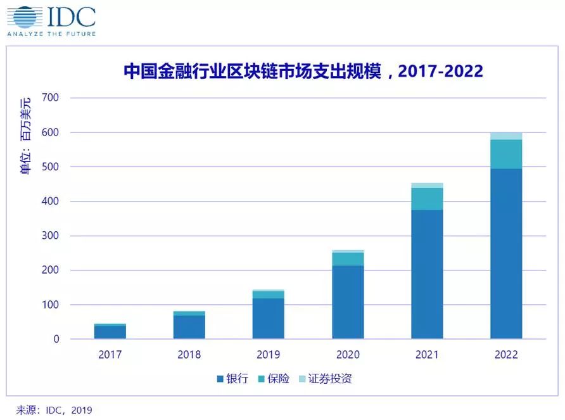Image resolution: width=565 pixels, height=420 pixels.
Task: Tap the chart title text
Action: (x=303, y=71)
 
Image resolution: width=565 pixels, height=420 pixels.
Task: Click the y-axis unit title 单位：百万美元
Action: (x=25, y=136)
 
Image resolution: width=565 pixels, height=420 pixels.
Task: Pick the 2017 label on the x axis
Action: (x=110, y=355)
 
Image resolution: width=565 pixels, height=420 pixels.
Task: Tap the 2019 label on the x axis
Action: (x=268, y=355)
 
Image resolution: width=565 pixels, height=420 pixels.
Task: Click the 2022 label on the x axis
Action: (x=506, y=355)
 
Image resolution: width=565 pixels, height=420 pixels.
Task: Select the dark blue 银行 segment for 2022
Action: (x=506, y=253)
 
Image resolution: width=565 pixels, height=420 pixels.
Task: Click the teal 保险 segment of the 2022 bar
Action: (x=506, y=154)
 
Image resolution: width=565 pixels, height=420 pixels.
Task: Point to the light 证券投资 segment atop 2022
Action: (x=506, y=136)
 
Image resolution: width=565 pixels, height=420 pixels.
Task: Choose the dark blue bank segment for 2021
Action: (x=427, y=274)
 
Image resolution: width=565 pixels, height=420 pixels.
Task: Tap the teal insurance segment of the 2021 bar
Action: (x=427, y=199)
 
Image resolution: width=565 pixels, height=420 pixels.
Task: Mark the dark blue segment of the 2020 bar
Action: (x=348, y=302)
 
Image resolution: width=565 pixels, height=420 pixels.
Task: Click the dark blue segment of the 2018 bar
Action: (x=189, y=327)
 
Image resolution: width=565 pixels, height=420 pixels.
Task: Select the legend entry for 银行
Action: (x=232, y=379)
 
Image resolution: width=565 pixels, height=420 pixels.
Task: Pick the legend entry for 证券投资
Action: (x=325, y=379)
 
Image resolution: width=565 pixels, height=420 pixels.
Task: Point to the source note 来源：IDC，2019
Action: (x=54, y=410)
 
